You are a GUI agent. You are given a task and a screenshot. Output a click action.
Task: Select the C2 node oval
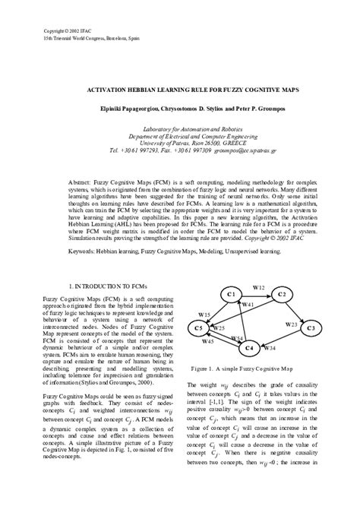[x=281, y=294]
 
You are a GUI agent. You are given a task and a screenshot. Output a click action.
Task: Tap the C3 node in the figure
[x=311, y=327]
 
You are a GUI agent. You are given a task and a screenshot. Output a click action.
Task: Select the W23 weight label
[x=292, y=324]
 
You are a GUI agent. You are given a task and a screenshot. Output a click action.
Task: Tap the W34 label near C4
[x=269, y=348]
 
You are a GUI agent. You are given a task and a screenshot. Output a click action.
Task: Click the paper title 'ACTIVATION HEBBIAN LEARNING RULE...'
[x=179, y=89]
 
